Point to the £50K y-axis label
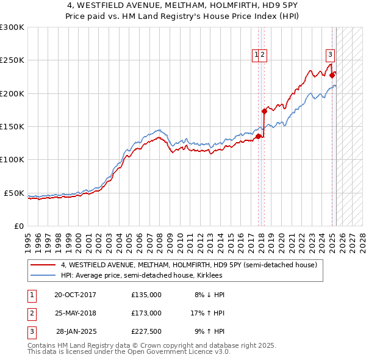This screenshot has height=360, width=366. coord(14,193)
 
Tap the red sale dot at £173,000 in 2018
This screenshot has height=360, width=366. coord(264,112)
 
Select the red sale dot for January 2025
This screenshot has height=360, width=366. coord(332,76)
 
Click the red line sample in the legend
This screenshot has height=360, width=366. coord(43,265)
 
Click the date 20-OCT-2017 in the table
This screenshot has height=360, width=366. coord(75,295)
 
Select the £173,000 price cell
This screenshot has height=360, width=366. coord(146,313)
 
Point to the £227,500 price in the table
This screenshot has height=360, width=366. coord(146,331)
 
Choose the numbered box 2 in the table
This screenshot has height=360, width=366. coord(31,313)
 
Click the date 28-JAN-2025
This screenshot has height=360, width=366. coord(76,331)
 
